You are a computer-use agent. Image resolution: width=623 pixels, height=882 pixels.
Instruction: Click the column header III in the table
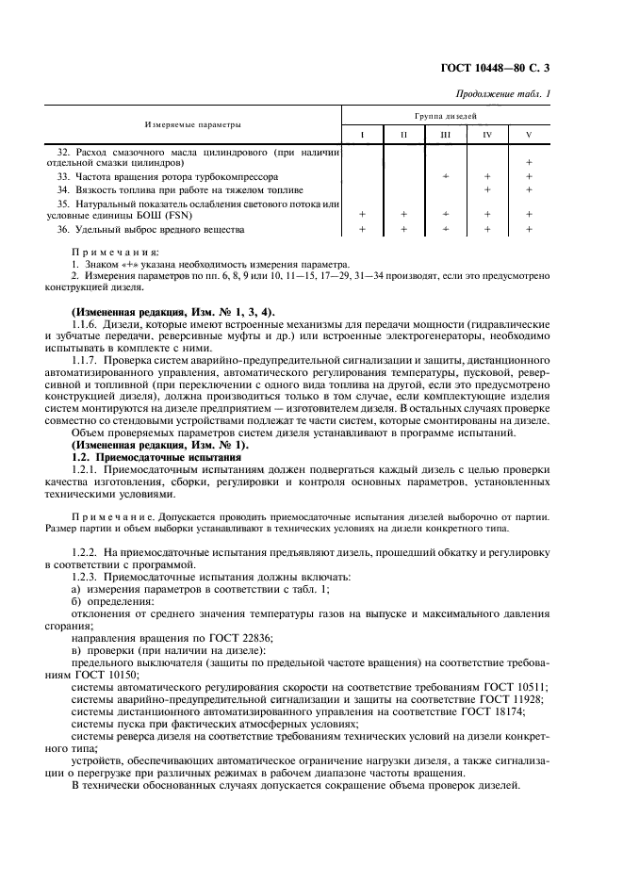(x=445, y=135)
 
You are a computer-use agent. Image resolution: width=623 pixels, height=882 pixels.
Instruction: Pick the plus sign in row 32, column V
(x=529, y=162)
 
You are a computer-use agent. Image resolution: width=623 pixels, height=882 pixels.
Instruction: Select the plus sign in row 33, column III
(x=445, y=176)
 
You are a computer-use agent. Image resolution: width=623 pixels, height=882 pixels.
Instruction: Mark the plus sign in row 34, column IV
(x=487, y=189)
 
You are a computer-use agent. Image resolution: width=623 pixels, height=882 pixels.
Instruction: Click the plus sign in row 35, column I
(x=362, y=215)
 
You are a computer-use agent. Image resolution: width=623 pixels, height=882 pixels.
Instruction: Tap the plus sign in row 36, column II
(x=403, y=229)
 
